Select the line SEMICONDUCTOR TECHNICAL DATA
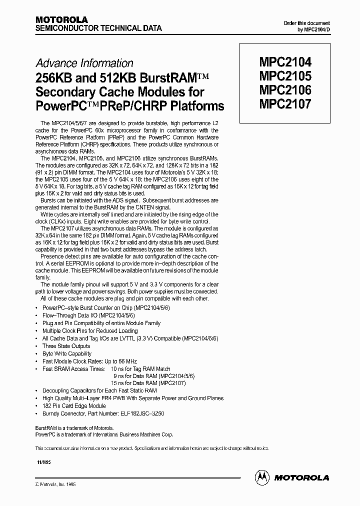tap(98, 28)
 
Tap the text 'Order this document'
tap(306, 23)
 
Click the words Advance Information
tap(84, 63)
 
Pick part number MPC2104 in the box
tap(285, 62)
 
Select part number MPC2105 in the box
tap(285, 76)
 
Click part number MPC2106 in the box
tap(285, 90)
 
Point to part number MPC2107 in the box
tap(285, 104)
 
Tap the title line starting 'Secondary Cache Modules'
tap(119, 92)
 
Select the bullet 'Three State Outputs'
tap(66, 346)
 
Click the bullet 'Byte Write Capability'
tap(67, 353)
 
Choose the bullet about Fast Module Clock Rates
tap(89, 361)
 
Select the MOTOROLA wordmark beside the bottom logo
tap(301, 477)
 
